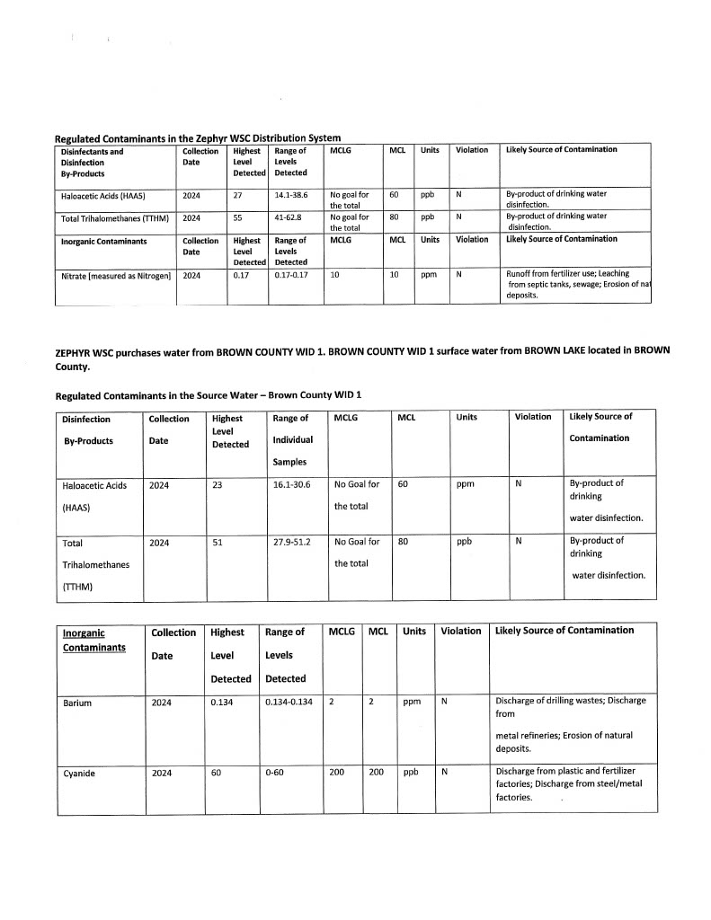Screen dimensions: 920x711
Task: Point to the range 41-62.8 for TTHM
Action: tap(290, 217)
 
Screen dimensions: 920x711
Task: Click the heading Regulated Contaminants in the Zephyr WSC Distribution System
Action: tap(198, 137)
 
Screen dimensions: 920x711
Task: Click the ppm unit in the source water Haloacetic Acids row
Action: tap(465, 484)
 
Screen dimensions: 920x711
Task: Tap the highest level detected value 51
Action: tap(218, 542)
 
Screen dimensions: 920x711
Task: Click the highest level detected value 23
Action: tap(218, 484)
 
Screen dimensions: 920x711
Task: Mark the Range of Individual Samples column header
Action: tap(292, 439)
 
